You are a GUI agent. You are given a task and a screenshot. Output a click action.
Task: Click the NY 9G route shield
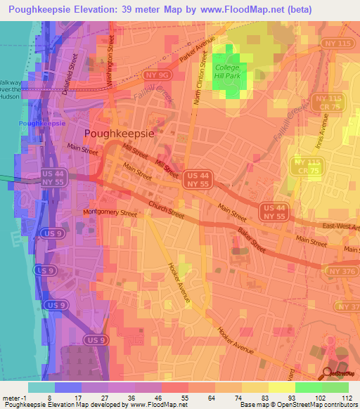(155, 74)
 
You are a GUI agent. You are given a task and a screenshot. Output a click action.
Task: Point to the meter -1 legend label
(14, 398)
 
